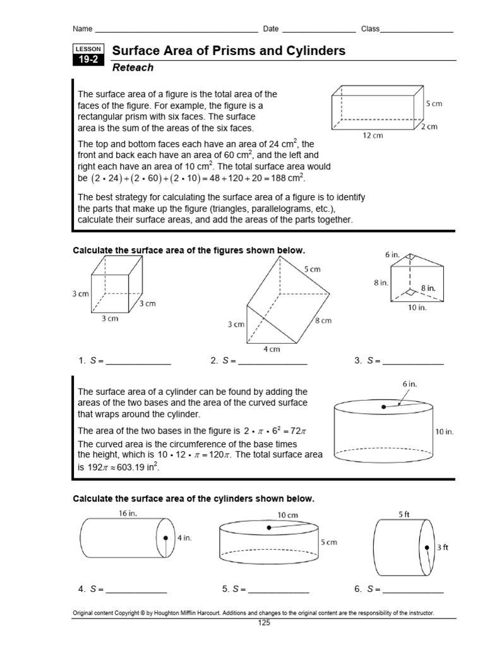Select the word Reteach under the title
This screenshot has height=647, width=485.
point(133,68)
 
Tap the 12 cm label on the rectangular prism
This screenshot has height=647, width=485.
point(373,135)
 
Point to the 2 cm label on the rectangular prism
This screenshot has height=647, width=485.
point(431,127)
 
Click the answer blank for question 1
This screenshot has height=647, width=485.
point(138,363)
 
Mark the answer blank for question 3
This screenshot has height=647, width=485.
point(413,363)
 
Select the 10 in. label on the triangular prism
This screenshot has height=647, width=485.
point(417,308)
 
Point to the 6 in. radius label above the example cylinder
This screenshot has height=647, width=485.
point(410,384)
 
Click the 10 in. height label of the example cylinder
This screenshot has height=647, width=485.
point(445,432)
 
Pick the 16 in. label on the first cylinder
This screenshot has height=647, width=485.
point(128,514)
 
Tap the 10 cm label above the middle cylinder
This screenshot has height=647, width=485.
point(287,515)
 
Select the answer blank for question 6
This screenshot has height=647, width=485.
point(413,590)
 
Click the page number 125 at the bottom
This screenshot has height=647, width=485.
point(263,624)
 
